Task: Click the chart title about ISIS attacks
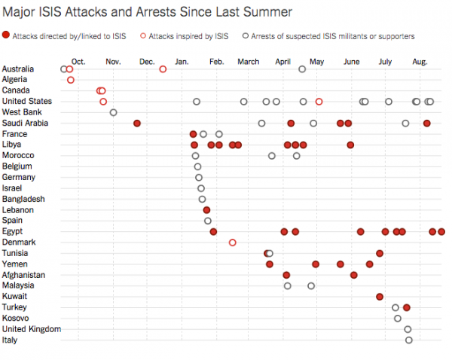[x=147, y=13]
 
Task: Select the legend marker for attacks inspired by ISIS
[x=144, y=36]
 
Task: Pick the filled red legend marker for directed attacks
[x=6, y=36]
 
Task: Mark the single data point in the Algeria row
[x=71, y=80]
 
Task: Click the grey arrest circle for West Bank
[x=114, y=112]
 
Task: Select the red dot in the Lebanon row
[x=206, y=210]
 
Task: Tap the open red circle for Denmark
[x=232, y=243]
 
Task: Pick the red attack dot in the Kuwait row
[x=380, y=297]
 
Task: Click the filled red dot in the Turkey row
[x=407, y=307]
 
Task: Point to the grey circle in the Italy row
[x=409, y=340]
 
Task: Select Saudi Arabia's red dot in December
[x=137, y=123]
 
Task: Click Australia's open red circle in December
[x=163, y=69]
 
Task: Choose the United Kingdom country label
[x=32, y=329]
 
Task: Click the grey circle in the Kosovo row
[x=398, y=319]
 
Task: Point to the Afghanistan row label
[x=23, y=275]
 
